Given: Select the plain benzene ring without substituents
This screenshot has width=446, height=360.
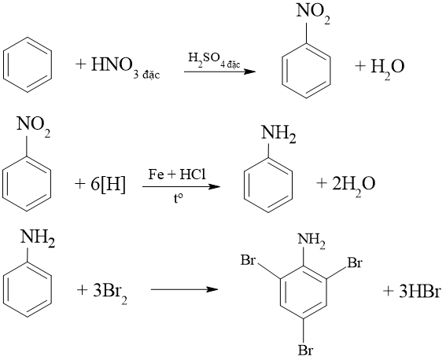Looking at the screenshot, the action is pos(28,64).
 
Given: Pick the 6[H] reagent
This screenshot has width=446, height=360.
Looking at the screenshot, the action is pos(108,185).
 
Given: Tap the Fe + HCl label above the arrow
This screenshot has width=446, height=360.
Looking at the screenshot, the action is pos(177,174).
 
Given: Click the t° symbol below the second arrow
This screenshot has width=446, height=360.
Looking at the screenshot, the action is pos(178,199).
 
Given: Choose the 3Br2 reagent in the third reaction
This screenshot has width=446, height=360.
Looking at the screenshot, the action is pos(110,292).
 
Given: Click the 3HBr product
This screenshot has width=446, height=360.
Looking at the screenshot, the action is pos(419,292).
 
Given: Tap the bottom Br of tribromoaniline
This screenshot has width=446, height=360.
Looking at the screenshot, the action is pos(305,350).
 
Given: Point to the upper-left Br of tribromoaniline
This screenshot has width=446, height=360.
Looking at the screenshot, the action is pos(248,260).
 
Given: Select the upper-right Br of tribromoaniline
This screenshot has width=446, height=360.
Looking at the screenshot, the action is pos(355,263).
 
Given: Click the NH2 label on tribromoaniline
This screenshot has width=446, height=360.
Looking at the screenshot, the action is pos(311,241).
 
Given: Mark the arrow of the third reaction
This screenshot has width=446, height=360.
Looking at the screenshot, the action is pos(184,289).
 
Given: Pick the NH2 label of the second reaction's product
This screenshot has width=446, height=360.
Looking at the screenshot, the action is pos(278,134).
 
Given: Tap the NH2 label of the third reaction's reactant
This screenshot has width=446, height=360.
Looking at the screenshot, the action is pos(38,238).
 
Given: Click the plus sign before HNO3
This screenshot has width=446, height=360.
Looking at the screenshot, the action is pos(81,64).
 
